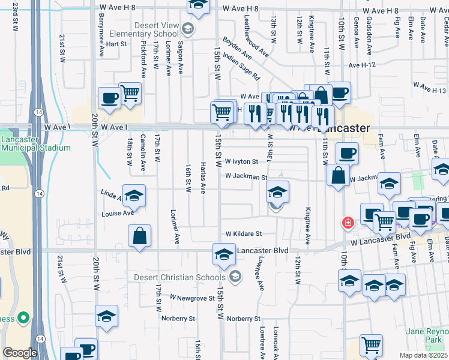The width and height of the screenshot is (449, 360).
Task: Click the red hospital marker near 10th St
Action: [x=347, y=223]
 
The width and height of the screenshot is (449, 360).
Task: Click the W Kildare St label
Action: [x=244, y=234]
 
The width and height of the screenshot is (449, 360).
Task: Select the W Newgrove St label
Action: [x=191, y=297]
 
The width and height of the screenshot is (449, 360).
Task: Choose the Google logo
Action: [x=20, y=353]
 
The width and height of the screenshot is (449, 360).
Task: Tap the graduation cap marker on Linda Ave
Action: [x=135, y=196]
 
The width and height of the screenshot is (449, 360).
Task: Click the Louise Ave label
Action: [x=117, y=213]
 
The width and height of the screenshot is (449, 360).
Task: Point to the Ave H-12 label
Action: [x=361, y=65]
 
